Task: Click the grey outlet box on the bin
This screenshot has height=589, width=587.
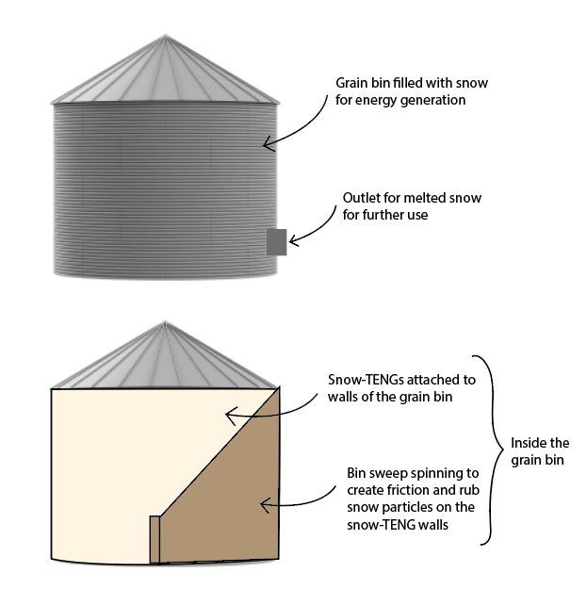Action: (277, 242)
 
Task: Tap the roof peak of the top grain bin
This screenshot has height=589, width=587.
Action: (165, 36)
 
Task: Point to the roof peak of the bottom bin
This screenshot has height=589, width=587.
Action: (165, 322)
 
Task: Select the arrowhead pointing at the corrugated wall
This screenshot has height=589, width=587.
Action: (268, 144)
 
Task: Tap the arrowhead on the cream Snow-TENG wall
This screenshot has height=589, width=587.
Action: (230, 415)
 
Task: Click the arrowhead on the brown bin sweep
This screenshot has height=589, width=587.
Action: (265, 505)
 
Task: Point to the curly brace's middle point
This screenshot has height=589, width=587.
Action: (502, 450)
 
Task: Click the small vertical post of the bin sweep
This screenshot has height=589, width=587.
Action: (155, 539)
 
